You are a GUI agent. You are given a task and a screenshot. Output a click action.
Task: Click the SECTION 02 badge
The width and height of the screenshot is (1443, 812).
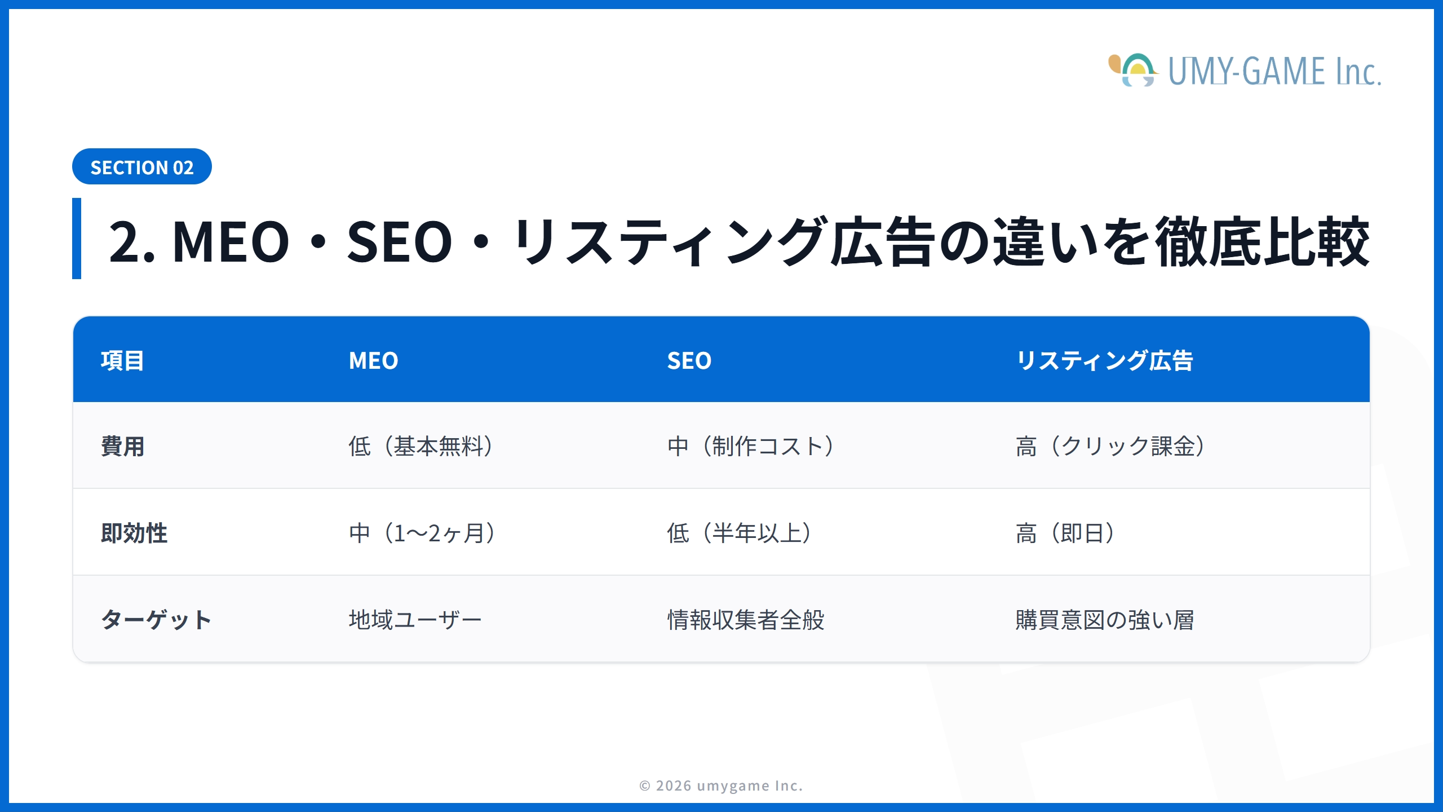pos(141,167)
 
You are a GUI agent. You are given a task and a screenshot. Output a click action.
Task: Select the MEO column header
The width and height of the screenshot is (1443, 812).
pos(373,361)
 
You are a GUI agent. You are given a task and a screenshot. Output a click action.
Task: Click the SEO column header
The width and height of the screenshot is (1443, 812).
pos(689,361)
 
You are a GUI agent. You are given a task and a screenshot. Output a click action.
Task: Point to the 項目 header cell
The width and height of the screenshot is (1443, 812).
pos(122,361)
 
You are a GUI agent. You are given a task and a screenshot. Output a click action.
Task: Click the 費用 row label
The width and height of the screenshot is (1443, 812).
pos(122,447)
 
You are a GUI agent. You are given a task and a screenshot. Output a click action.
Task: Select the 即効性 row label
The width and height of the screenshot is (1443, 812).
pos(134,533)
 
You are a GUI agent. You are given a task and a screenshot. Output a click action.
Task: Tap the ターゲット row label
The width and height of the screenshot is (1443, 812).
pos(156,620)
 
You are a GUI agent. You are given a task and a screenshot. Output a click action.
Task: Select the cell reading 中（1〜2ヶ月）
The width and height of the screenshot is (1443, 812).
pos(423,533)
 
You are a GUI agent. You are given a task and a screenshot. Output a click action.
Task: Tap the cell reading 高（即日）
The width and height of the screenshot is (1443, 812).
pos(1065,533)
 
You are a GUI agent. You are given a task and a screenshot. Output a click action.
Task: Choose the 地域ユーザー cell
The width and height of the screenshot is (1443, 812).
pos(415,620)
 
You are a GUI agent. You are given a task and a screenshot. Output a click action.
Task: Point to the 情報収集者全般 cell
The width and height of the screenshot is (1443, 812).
pos(745,620)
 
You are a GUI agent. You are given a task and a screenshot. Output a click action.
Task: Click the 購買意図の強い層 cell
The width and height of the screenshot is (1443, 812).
pos(1105,620)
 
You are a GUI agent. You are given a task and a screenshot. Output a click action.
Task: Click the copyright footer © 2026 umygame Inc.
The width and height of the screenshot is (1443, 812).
pos(721,785)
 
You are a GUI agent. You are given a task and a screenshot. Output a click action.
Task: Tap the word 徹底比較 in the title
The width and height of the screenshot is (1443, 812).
pos(1261,241)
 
